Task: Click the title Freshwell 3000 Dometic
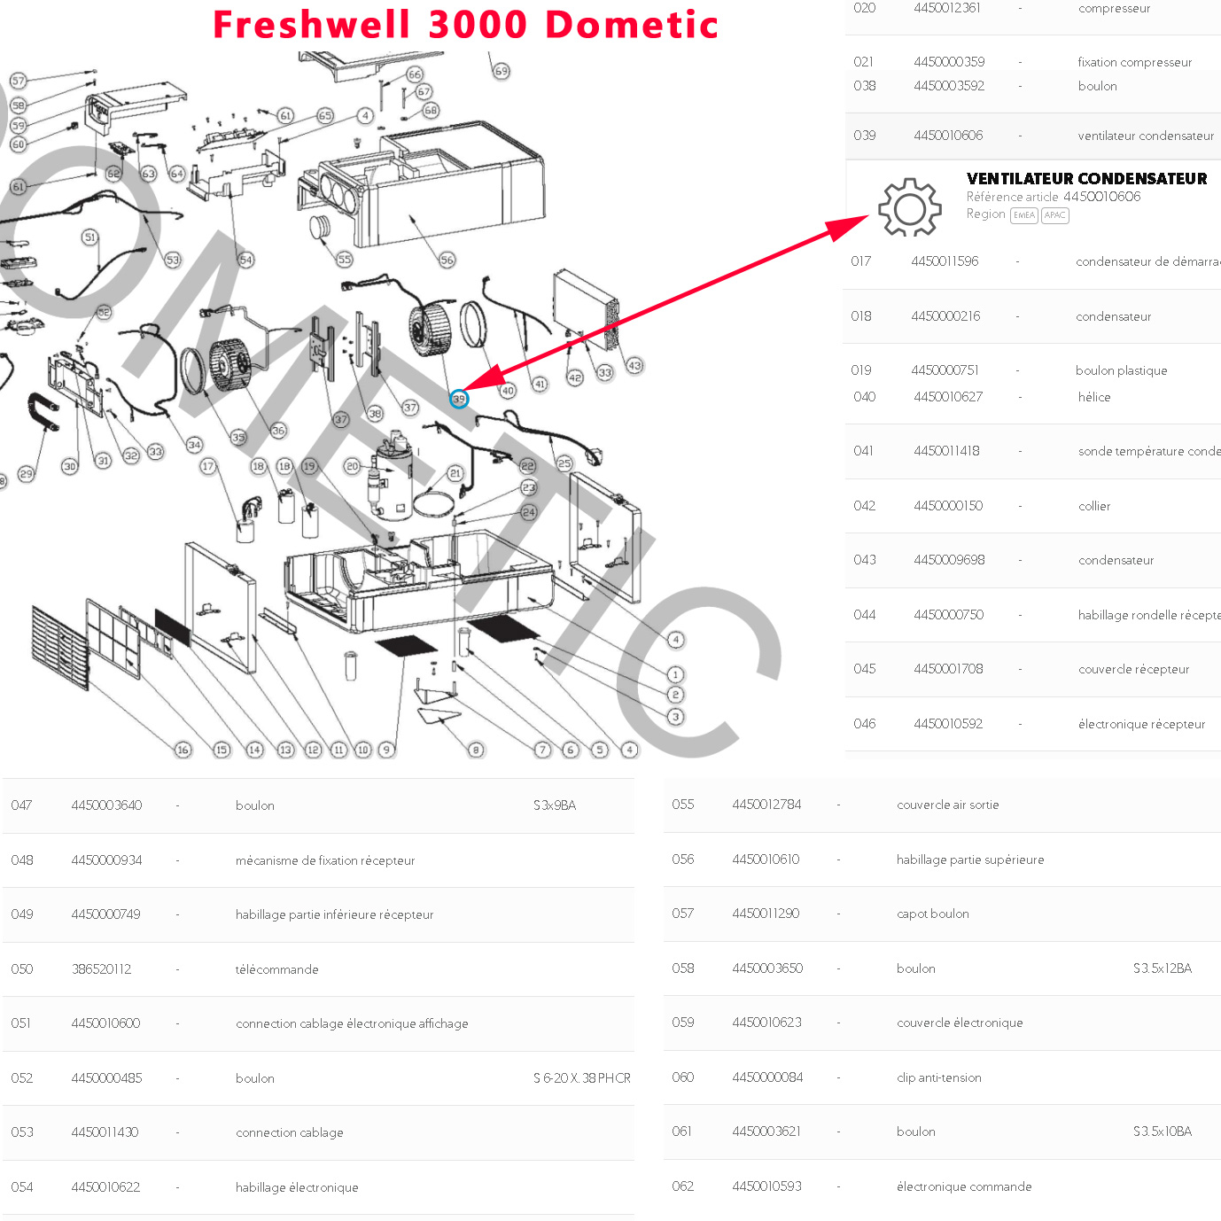[x=465, y=24]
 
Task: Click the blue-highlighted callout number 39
[x=458, y=399]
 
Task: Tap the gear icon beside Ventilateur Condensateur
[x=909, y=207]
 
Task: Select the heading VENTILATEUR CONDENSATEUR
[x=1086, y=178]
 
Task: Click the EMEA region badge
[x=1023, y=215]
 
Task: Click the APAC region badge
[x=1054, y=215]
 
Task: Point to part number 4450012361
[x=947, y=8]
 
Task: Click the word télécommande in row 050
[x=276, y=969]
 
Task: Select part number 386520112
[x=101, y=969]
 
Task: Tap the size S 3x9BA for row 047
[x=555, y=805]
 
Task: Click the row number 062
[x=682, y=1186]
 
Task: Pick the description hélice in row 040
[x=1094, y=397]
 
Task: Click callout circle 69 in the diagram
[x=502, y=71]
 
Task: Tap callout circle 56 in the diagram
[x=447, y=260]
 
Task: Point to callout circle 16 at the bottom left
[x=183, y=750]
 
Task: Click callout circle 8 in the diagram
[x=476, y=750]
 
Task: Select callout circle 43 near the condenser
[x=634, y=365]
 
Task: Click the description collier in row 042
[x=1094, y=506]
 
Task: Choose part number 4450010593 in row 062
[x=766, y=1186]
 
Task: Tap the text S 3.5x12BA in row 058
[x=1162, y=968]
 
